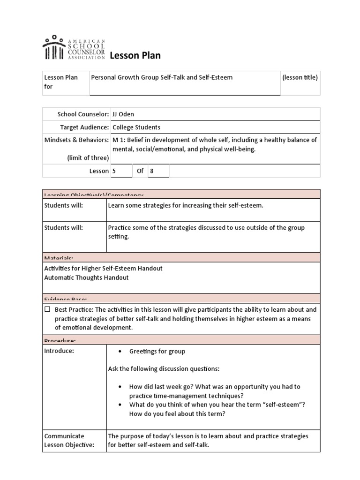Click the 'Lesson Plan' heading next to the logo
pos(135,56)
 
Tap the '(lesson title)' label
pos(300,77)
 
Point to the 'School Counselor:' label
pos(83,114)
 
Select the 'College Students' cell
pos(136,127)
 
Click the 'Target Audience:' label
pos(84,127)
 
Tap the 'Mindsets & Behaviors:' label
pos(76,140)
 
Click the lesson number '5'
pos(114,171)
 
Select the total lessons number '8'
pos(151,171)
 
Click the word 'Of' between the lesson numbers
pos(140,171)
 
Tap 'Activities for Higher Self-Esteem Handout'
pos(103,268)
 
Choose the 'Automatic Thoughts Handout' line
pos(86,277)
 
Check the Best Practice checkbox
pos(47,309)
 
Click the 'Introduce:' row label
pos(59,351)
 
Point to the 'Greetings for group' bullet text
pos(157,351)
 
